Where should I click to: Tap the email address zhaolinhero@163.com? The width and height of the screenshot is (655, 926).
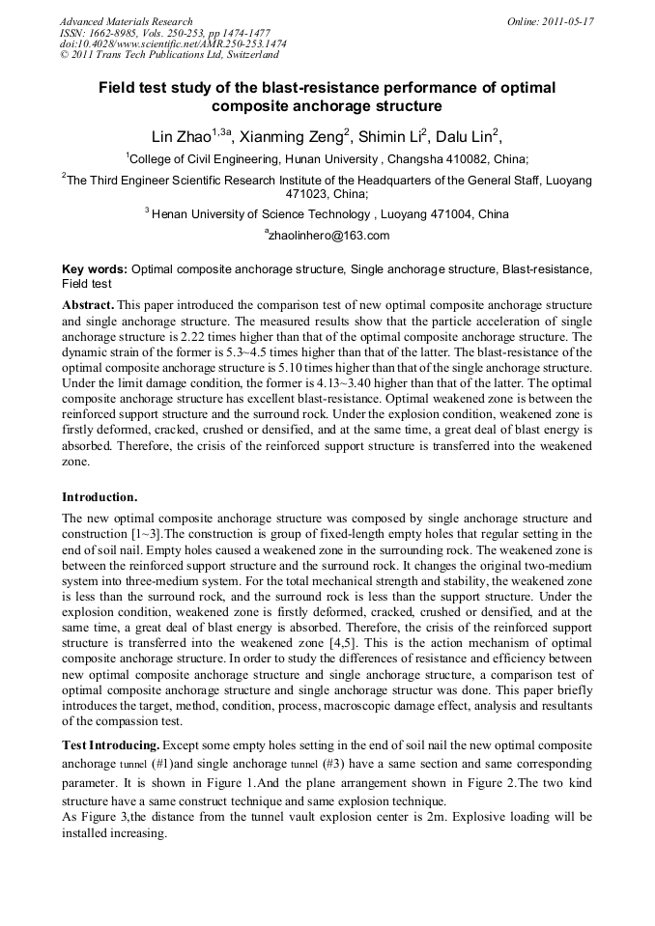point(327,236)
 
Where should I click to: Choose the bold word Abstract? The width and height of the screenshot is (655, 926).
point(88,304)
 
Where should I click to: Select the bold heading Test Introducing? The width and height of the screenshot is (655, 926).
point(110,745)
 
